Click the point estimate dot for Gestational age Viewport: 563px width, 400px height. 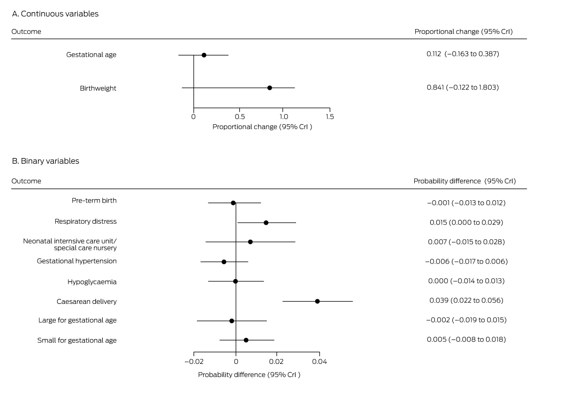204,55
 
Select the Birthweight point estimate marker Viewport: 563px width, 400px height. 269,88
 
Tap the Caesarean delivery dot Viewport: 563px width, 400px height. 317,301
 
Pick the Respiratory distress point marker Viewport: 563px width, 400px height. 266,222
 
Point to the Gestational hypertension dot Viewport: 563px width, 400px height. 224,262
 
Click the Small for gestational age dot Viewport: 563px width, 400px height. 246,340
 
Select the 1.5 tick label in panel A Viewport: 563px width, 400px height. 330,116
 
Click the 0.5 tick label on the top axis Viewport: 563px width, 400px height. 239,116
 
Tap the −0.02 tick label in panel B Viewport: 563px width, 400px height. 193,361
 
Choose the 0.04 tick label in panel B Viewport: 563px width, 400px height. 320,361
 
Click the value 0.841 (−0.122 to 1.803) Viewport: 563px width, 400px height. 463,87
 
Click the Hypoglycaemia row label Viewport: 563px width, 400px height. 92,282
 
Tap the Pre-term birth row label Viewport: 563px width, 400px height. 94,200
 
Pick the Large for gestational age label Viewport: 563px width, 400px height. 77,320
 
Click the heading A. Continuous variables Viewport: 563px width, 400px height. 55,14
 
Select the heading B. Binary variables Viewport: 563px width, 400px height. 46,161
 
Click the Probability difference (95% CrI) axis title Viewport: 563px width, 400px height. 249,375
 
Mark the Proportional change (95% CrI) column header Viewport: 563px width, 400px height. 464,31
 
